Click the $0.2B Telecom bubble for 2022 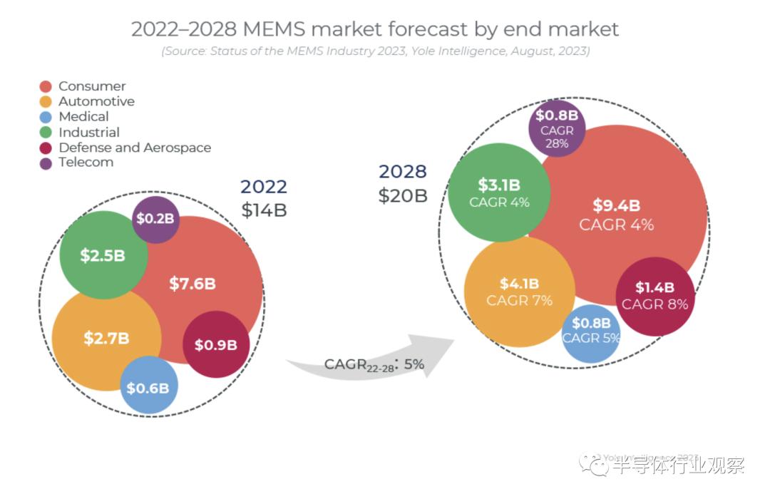(155, 219)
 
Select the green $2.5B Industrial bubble (103, 255)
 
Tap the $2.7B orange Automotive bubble (106, 338)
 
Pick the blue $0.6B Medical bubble (148, 388)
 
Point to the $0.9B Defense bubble (215, 345)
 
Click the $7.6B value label (192, 284)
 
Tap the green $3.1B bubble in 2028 (499, 192)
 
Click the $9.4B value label (616, 206)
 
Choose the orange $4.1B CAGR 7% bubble (519, 292)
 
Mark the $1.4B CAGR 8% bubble (654, 295)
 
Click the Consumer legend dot (46, 86)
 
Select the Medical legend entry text (83, 117)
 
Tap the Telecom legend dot (46, 163)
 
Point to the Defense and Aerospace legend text (135, 148)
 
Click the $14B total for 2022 (264, 210)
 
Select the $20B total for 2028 (403, 195)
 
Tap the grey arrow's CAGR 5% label (374, 364)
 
